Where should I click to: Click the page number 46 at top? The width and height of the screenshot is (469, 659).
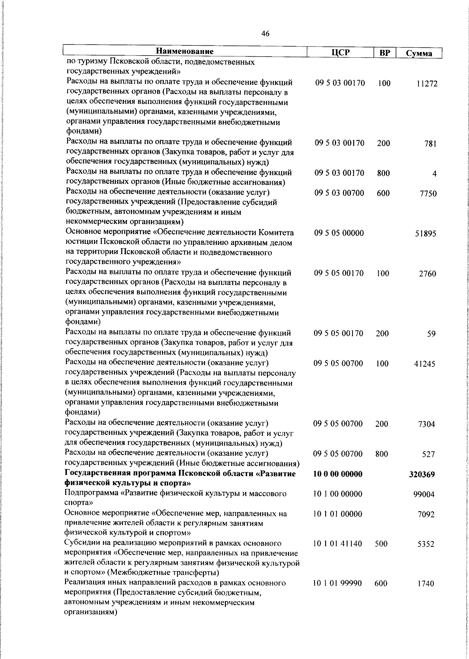point(265,34)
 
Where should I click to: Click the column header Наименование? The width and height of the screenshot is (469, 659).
point(185,52)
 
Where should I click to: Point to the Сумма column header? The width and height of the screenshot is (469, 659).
point(419,54)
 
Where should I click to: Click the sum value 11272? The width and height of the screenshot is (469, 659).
point(426,84)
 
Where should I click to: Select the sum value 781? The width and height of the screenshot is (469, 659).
point(430,144)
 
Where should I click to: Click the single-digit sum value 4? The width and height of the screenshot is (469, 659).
point(434,174)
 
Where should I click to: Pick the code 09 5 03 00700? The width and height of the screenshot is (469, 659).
point(339,193)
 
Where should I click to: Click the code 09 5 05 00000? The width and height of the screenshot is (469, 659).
point(339,233)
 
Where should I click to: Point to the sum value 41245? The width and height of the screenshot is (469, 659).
point(425,364)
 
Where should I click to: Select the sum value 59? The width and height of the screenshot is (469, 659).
point(431,334)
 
